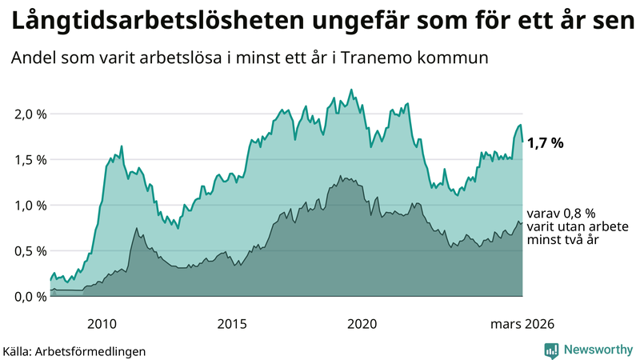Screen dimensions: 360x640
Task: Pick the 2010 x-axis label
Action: point(102,323)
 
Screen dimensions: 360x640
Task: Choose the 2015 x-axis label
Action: point(232,323)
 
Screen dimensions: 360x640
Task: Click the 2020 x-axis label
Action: point(362,323)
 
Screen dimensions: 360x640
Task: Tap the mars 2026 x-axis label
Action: point(522,323)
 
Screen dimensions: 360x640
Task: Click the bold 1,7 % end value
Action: point(546,143)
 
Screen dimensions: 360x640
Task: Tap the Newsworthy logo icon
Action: point(551,350)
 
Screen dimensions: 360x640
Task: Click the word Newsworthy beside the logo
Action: point(598,350)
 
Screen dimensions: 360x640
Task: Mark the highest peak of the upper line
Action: point(351,90)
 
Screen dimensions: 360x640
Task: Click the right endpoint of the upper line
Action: point(523,142)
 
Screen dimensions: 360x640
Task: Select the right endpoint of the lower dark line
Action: point(523,223)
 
